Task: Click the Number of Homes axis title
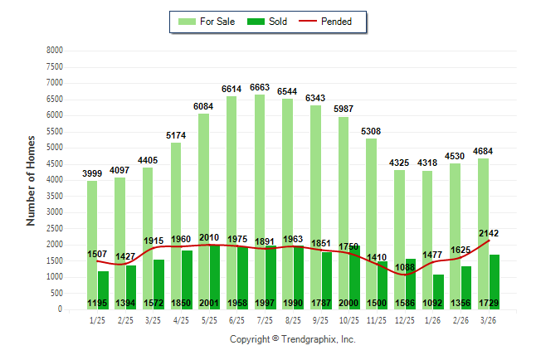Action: [x=31, y=180]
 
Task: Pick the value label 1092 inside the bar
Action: [x=434, y=304]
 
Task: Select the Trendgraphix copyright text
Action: [x=292, y=339]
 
